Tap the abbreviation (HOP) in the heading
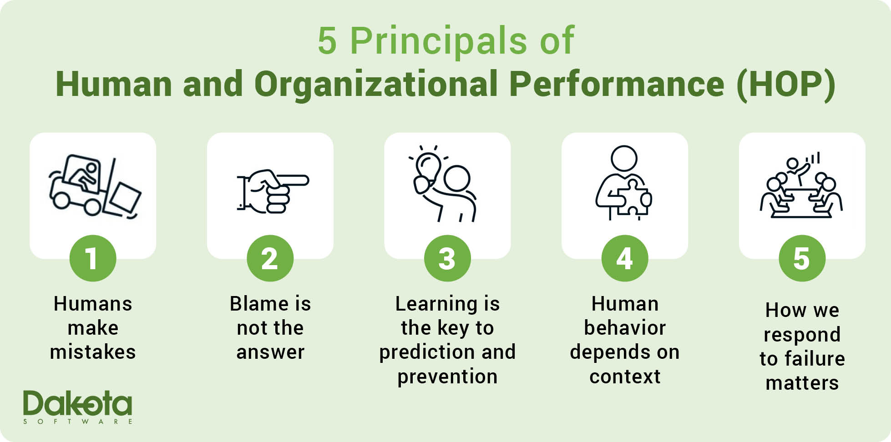click(786, 85)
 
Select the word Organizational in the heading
click(375, 85)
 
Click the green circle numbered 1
click(93, 258)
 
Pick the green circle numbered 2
click(270, 258)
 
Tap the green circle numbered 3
click(447, 258)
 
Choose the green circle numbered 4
click(625, 258)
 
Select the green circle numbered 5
click(802, 258)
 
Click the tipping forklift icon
click(95, 186)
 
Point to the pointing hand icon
click(273, 191)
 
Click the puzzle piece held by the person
click(634, 196)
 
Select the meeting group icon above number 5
click(801, 185)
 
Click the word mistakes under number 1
click(93, 352)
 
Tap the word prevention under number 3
click(447, 377)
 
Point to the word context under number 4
click(625, 377)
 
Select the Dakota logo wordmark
click(77, 403)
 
